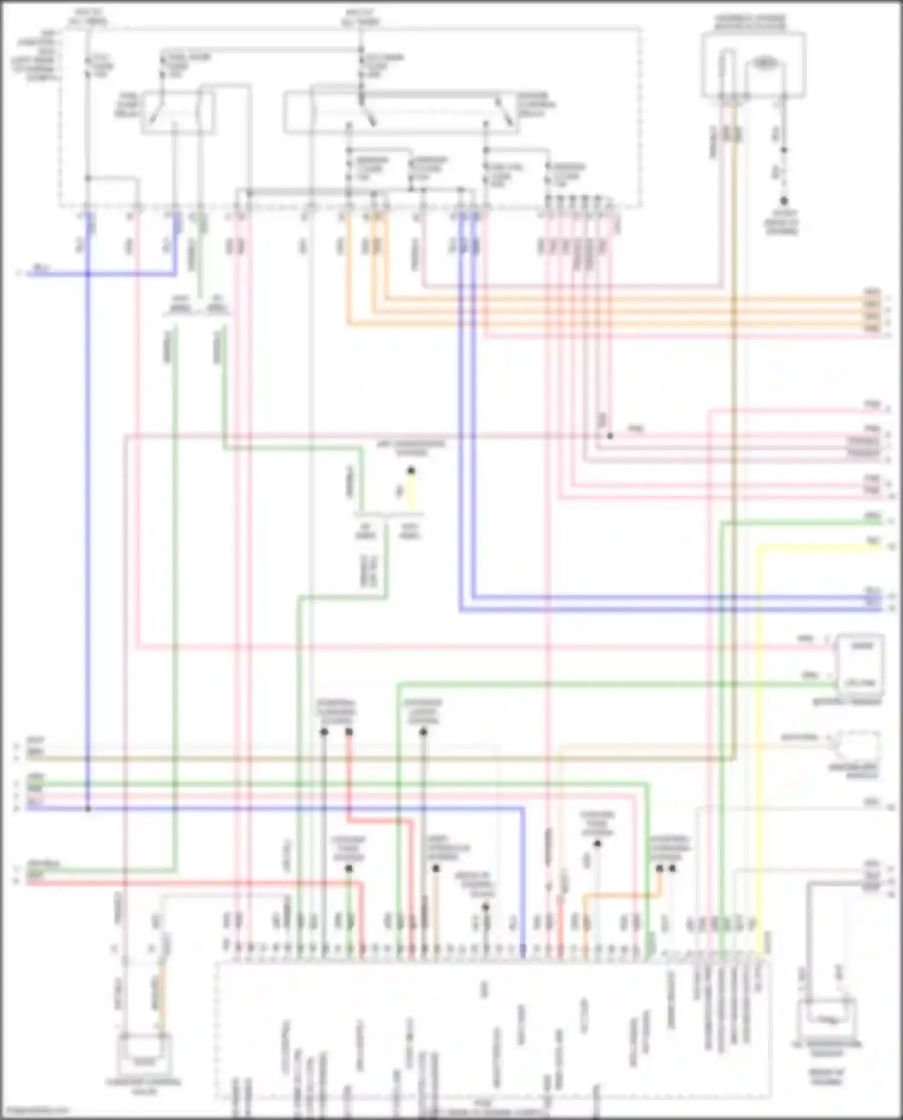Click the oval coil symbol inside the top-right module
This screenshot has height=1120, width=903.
pos(764,63)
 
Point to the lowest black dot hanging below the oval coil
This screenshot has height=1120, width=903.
pos(784,201)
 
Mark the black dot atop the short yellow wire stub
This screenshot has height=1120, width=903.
pos(411,470)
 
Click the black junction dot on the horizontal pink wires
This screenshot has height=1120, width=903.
pos(610,435)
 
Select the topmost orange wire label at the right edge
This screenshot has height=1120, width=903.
pos(872,292)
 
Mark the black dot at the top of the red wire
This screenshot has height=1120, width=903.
pos(349,732)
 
